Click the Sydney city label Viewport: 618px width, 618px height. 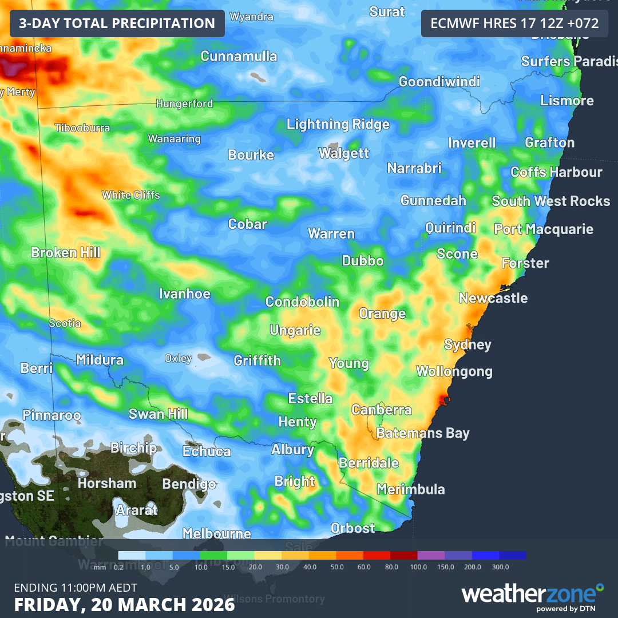pyautogui.click(x=468, y=344)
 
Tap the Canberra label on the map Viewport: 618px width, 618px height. pyautogui.click(x=381, y=410)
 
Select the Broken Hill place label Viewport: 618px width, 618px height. pyautogui.click(x=66, y=252)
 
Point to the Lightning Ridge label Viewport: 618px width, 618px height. pyautogui.click(x=338, y=124)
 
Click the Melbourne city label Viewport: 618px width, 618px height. pyautogui.click(x=216, y=533)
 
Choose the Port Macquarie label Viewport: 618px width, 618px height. pyautogui.click(x=544, y=229)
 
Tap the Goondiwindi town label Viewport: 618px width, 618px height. pyautogui.click(x=439, y=81)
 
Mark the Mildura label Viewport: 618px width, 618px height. pyautogui.click(x=100, y=360)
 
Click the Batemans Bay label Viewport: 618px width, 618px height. pyautogui.click(x=422, y=433)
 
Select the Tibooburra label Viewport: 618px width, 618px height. pyautogui.click(x=82, y=128)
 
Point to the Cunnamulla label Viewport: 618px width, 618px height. pyautogui.click(x=239, y=56)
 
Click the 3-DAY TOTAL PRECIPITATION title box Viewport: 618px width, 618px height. pyautogui.click(x=117, y=23)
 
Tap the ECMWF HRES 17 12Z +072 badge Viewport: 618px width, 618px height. pyautogui.click(x=514, y=23)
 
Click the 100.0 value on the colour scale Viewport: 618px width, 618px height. pyautogui.click(x=418, y=566)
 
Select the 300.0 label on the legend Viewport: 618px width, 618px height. pyautogui.click(x=500, y=566)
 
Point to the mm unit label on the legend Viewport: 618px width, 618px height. pyautogui.click(x=100, y=566)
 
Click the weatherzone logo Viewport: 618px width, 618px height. pyautogui.click(x=532, y=595)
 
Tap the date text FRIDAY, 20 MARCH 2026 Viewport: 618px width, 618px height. pyautogui.click(x=124, y=604)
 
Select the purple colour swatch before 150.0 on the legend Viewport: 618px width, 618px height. pyautogui.click(x=431, y=555)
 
